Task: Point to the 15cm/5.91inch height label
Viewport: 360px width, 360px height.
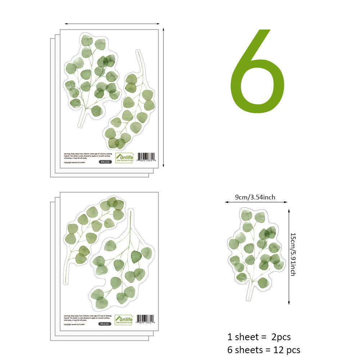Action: click(x=293, y=254)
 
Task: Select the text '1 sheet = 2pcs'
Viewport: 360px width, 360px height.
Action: click(x=259, y=337)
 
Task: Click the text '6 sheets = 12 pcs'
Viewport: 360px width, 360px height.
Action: click(x=264, y=349)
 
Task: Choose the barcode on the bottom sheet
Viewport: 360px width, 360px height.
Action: click(x=146, y=319)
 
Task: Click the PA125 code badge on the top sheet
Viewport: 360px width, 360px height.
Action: click(x=105, y=162)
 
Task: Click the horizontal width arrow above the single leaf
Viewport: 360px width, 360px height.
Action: click(x=256, y=202)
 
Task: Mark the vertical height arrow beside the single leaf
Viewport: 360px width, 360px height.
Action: click(x=289, y=256)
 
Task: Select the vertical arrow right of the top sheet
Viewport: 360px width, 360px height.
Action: click(x=163, y=97)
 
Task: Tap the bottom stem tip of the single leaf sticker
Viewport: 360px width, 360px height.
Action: click(x=248, y=298)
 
